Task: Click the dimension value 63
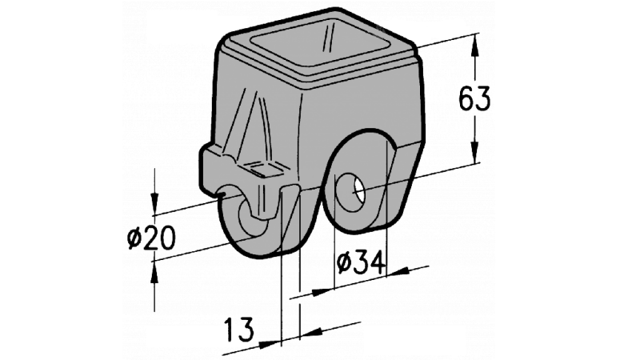coord(474,99)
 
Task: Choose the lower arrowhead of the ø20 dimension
coord(154,272)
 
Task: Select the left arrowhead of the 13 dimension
coord(273,342)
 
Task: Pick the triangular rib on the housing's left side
coord(254,128)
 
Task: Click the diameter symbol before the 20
coord(134,238)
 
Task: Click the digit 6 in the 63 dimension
coord(465,99)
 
